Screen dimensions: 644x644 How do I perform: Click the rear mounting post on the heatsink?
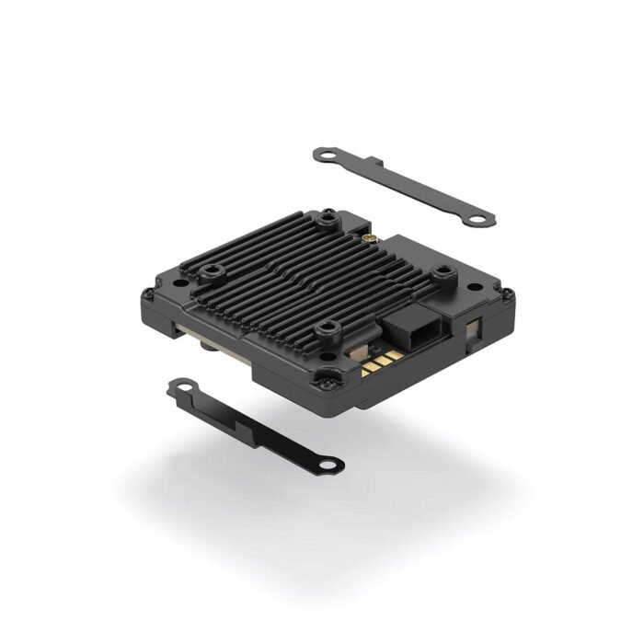point(328,218)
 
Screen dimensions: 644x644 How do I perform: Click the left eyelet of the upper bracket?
point(324,154)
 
